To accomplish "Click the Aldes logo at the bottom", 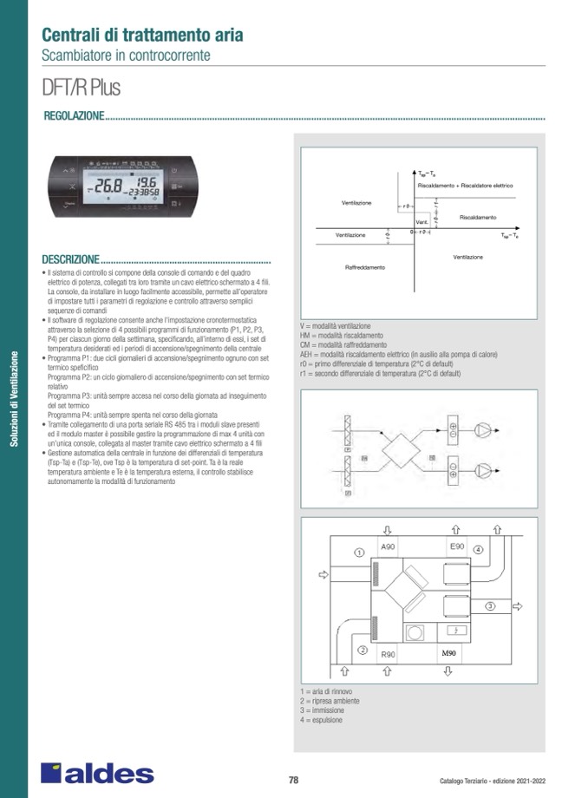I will (97, 773).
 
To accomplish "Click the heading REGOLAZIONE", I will (73, 116).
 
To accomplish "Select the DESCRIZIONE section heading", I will (70, 259).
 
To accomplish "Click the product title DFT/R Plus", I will (81, 88).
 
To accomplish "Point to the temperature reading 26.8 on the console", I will (108, 186).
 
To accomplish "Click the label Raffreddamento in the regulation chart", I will (365, 267).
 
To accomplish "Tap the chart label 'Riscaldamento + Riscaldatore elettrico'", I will (466, 186).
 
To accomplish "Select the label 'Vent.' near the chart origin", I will (421, 223).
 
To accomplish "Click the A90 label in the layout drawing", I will (389, 547).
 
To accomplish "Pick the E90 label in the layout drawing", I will (457, 546).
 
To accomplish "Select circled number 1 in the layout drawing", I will (358, 552).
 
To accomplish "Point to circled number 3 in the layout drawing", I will (490, 605).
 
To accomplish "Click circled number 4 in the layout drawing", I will (478, 550).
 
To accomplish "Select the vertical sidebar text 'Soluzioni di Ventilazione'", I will (13, 398).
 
